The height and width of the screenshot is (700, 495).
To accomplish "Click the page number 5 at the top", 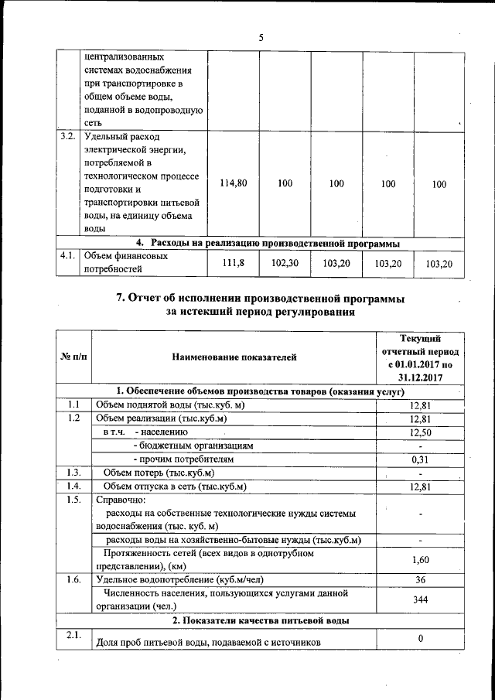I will coord(261,37).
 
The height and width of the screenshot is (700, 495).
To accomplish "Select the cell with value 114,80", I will coord(233,183).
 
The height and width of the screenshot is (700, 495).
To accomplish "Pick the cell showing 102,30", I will coord(285,263).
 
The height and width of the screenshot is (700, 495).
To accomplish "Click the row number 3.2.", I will coord(68,137).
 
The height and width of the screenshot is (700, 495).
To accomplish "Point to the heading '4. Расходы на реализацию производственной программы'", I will coord(268,244).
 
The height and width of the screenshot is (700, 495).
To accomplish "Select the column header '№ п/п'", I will coord(73,357).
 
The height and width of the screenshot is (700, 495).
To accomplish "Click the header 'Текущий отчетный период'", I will coord(419,357).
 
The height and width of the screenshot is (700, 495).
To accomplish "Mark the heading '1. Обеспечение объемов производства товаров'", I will coord(261,391).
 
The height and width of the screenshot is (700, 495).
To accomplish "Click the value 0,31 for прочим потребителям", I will coord(419,459).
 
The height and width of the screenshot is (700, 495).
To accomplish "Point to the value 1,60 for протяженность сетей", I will coord(419,559).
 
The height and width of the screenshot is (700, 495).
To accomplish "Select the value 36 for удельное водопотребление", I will coord(419,579).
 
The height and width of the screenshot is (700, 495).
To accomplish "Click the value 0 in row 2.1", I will coord(419,638).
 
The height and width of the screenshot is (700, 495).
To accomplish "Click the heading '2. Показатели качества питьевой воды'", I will coord(261,620).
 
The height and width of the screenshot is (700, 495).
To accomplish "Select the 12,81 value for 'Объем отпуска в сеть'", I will coord(419,487).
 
